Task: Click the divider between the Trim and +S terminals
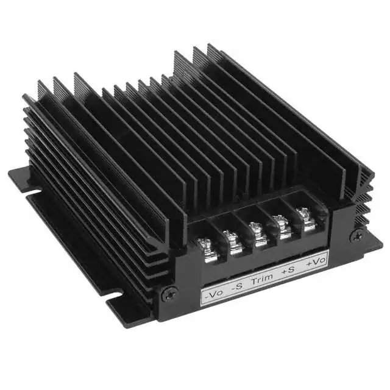tap(268, 232)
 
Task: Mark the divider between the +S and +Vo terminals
tap(293, 223)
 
